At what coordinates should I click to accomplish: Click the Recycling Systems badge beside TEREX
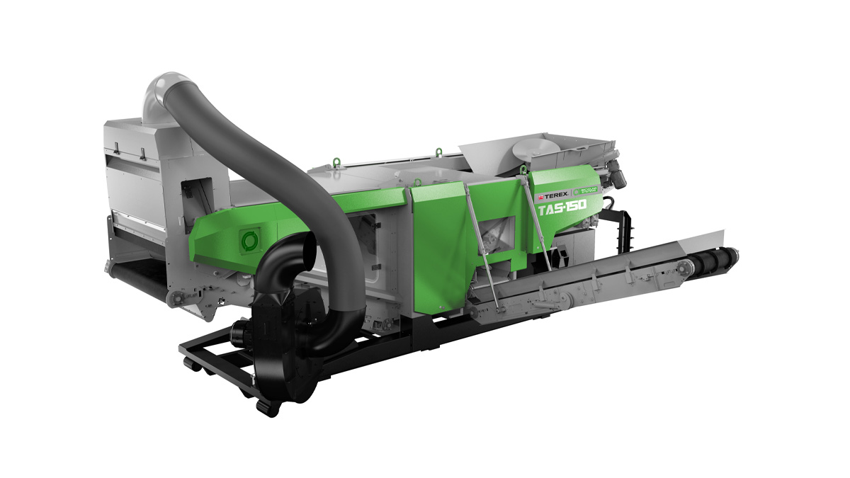(x=584, y=190)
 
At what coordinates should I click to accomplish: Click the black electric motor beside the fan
(x=242, y=331)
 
